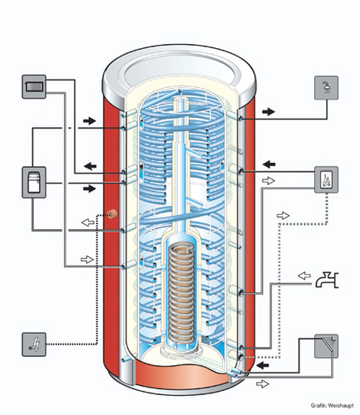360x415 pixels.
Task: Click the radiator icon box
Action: tap(34, 86)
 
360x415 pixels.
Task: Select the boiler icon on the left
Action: tap(34, 183)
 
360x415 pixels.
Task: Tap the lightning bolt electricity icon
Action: tap(34, 344)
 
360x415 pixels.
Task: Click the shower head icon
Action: tap(327, 88)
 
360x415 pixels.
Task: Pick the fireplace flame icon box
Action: tap(327, 180)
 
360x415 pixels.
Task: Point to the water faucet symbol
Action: tap(327, 280)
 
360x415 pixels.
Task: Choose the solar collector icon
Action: tap(327, 346)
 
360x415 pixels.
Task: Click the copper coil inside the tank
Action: tap(182, 293)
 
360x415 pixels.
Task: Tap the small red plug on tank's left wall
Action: tap(112, 214)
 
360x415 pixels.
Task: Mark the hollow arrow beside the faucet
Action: tap(304, 276)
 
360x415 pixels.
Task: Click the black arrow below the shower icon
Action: tap(269, 112)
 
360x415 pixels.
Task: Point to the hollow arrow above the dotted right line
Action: tap(283, 216)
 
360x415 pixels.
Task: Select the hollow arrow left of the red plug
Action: tap(88, 222)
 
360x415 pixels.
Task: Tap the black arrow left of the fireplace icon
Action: tap(269, 164)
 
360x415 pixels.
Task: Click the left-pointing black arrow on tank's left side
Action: tap(90, 166)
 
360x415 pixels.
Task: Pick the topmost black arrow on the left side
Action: tap(90, 121)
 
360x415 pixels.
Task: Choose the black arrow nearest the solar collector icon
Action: tap(263, 365)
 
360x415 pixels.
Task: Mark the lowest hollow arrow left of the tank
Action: tap(87, 260)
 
